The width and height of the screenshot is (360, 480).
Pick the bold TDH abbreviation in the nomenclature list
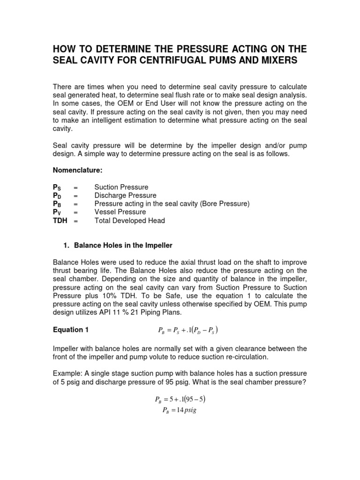60,220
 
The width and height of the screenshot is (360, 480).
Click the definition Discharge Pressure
125,195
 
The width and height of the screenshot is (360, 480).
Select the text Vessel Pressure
120,212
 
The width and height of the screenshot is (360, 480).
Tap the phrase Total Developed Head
129,220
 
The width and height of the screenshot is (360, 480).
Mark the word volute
173,357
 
